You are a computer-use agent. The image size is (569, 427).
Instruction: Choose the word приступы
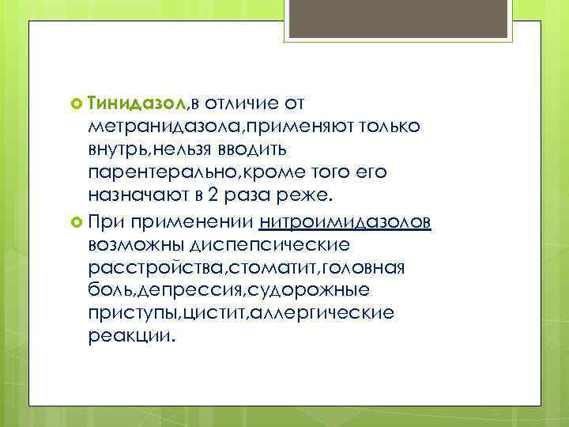tap(134, 313)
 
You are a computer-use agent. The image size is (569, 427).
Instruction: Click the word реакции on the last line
tap(130, 336)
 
